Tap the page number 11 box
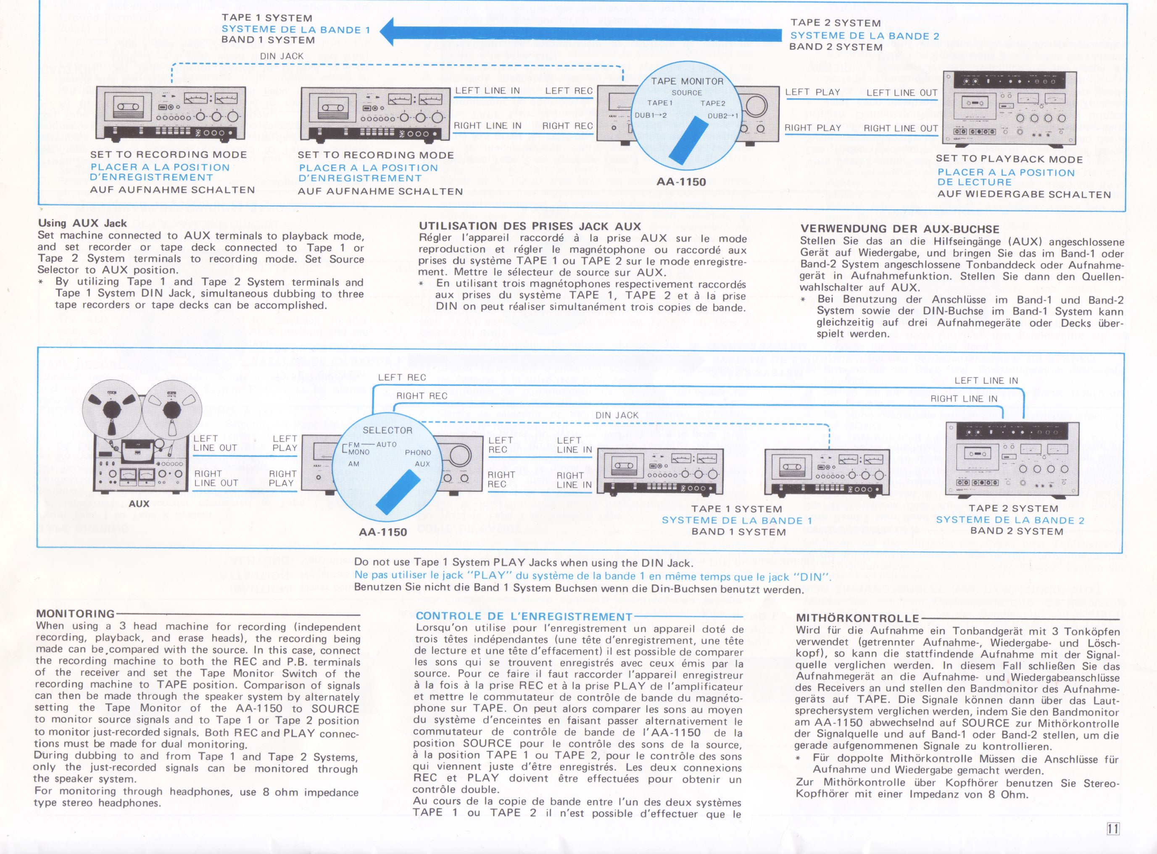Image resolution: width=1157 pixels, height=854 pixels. tap(1112, 829)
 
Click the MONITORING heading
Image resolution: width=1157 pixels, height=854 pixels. tap(76, 614)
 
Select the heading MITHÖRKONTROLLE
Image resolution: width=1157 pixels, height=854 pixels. tap(858, 618)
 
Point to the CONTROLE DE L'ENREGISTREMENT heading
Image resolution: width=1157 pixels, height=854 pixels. tap(524, 616)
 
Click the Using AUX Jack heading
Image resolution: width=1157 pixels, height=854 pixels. tap(82, 223)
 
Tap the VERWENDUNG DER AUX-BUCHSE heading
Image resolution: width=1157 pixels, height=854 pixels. tap(899, 229)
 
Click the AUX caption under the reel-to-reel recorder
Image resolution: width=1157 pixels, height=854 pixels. tap(139, 503)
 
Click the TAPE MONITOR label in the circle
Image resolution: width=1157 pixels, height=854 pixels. tap(687, 81)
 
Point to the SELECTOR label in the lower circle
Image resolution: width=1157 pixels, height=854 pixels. tap(387, 430)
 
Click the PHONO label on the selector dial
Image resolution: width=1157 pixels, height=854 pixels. tap(418, 452)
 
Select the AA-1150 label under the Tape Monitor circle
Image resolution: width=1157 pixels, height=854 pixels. tap(681, 182)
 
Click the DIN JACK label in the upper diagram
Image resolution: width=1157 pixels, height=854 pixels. tap(282, 56)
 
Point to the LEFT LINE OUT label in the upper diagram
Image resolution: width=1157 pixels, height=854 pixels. tap(901, 93)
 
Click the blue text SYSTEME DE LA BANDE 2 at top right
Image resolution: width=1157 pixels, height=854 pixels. tap(864, 36)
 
